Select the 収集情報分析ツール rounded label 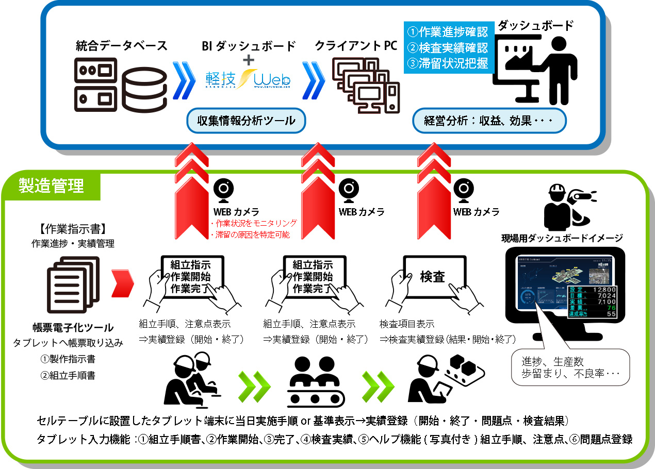click(247, 122)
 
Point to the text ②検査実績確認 click(447, 48)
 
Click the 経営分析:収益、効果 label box click(489, 122)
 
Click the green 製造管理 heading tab click(51, 185)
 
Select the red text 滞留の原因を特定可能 click(252, 234)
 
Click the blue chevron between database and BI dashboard click(184, 81)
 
